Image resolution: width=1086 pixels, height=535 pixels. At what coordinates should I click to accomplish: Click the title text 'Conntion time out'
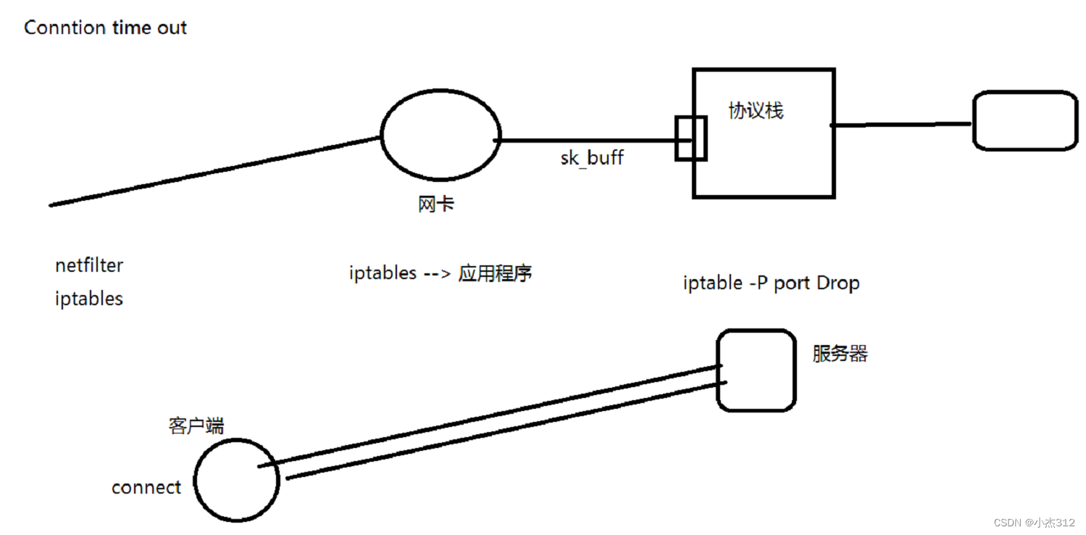click(x=106, y=28)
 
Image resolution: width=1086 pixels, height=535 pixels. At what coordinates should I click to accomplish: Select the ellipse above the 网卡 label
click(x=440, y=135)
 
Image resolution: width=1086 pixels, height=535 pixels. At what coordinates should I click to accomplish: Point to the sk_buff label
click(x=592, y=158)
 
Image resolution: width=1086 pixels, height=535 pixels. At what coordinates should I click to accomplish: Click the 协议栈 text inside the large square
click(x=756, y=111)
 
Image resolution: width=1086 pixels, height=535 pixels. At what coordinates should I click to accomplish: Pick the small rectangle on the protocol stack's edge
click(x=690, y=138)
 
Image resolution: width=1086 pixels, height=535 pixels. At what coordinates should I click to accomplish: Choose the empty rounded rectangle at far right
click(x=1024, y=120)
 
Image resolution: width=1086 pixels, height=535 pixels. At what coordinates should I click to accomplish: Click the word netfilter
click(x=89, y=265)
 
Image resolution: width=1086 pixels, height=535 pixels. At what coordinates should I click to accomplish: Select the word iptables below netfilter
click(x=89, y=299)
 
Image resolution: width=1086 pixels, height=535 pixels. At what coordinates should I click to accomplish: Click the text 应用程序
click(x=496, y=273)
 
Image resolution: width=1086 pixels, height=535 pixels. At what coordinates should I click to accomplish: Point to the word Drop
click(x=838, y=283)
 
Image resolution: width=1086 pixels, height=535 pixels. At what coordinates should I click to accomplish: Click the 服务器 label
click(x=840, y=354)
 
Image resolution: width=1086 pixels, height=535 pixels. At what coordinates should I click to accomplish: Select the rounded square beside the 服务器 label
click(x=756, y=370)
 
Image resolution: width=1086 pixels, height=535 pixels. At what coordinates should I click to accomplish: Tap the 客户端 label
click(x=196, y=426)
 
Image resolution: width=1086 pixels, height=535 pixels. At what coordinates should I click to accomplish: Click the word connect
click(x=146, y=487)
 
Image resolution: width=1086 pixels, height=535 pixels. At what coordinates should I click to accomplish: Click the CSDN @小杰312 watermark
click(x=1035, y=522)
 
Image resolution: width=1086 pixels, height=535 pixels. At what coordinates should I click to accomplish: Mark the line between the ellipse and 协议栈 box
click(x=587, y=140)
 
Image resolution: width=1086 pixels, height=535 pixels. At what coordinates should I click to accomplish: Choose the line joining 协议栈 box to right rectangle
click(x=902, y=125)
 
